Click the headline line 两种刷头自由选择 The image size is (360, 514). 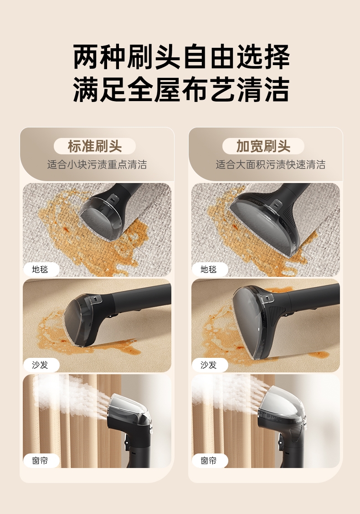tap(181, 57)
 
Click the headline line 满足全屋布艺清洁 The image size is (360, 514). tap(181, 89)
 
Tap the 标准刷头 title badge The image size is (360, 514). tap(94, 146)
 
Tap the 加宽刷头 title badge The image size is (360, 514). tap(263, 146)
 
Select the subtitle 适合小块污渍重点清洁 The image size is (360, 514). tap(97, 164)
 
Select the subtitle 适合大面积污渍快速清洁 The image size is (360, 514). tap(270, 164)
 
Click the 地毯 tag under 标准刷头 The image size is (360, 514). tap(41, 270)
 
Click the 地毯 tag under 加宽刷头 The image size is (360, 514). tap(209, 270)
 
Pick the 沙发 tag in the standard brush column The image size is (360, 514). tap(41, 365)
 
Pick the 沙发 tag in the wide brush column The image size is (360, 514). tap(209, 365)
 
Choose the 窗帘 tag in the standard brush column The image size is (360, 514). tap(41, 461)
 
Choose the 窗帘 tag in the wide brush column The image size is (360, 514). tap(209, 461)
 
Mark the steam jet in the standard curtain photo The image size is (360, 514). tap(72, 397)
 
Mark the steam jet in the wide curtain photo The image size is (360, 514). tap(230, 393)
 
